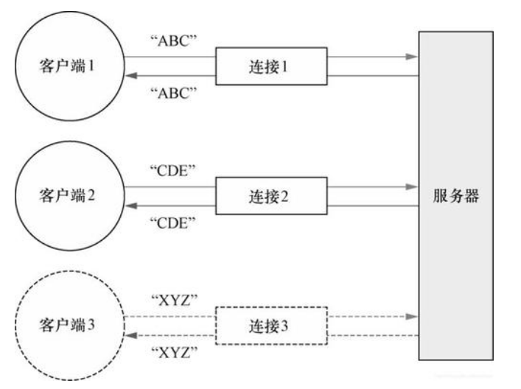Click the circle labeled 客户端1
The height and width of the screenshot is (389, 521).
(x=66, y=66)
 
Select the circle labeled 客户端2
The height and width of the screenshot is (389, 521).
(x=66, y=198)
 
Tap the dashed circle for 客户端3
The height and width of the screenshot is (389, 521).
(x=66, y=325)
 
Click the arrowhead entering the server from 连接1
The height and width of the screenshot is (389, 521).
(x=411, y=55)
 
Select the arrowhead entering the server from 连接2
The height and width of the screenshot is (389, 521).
(x=411, y=188)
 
